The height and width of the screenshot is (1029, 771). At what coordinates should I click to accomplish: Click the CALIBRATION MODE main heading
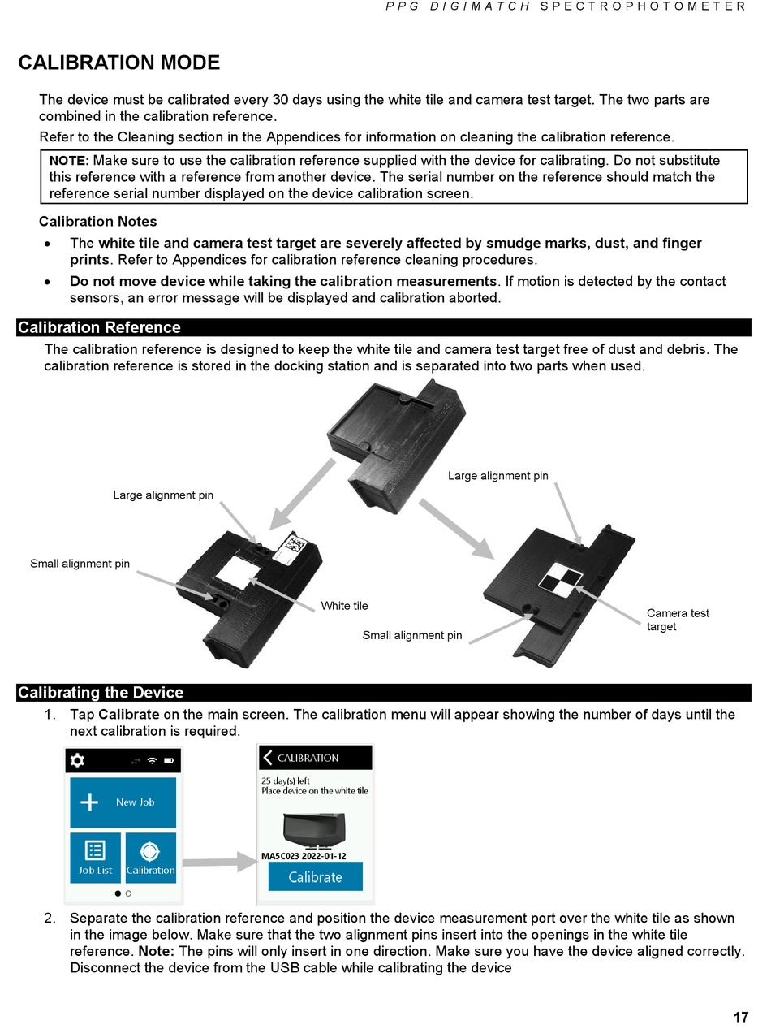(x=119, y=63)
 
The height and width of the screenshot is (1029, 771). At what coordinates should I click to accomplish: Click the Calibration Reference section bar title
(x=99, y=327)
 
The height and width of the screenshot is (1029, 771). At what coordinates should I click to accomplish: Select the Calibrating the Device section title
(x=101, y=693)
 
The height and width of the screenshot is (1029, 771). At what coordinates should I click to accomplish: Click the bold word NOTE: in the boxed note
(x=69, y=160)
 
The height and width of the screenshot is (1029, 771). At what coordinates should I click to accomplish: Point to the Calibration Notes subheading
(x=98, y=221)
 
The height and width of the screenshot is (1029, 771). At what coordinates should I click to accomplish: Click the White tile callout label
(x=344, y=606)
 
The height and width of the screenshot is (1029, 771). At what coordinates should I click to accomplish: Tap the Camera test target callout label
(x=678, y=620)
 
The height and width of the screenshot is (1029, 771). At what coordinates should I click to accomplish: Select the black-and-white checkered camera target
(x=560, y=581)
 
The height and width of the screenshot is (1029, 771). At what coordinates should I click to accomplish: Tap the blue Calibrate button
(x=315, y=876)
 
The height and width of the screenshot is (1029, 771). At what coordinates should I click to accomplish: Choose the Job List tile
(x=95, y=858)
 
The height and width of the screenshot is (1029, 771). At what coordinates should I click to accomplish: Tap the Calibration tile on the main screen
(x=150, y=858)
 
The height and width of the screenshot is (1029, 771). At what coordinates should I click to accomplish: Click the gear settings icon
(x=77, y=760)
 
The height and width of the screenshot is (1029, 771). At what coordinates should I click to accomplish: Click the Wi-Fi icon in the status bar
(x=152, y=760)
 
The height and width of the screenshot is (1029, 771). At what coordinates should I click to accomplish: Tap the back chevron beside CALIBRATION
(x=268, y=758)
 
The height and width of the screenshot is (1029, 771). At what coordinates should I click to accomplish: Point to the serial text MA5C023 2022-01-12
(x=304, y=855)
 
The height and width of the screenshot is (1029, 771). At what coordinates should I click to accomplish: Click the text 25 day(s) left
(x=285, y=780)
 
